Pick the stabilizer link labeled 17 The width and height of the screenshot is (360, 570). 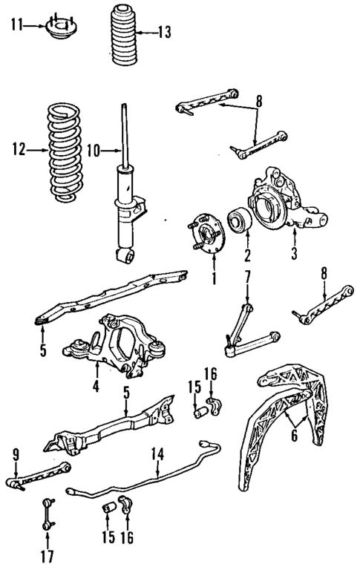click(x=47, y=511)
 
